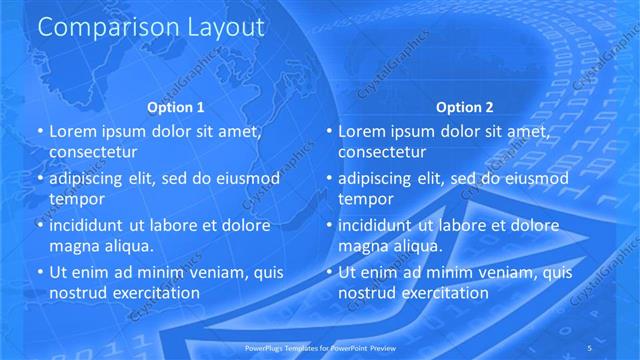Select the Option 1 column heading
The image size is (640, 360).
176,107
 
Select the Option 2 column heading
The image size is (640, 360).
465,107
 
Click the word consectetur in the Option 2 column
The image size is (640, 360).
383,152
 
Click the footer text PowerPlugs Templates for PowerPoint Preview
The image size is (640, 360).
320,347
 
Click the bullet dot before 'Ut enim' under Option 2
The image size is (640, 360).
329,272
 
